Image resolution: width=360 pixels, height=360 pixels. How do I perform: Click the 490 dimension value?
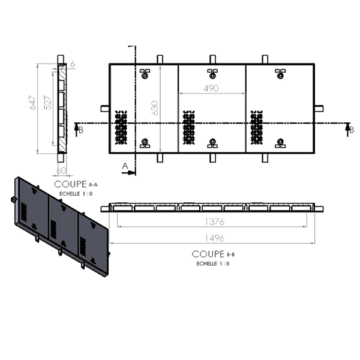211,88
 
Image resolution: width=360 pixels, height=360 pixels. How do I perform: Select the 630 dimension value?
155,107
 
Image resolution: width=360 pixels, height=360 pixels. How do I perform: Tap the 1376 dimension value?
214,222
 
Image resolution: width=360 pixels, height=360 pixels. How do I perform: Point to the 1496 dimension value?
214,238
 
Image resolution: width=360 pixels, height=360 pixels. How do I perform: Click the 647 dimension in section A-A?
33,103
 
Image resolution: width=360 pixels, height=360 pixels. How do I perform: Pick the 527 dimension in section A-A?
47,103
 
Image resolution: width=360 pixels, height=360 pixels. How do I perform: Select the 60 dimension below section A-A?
61,170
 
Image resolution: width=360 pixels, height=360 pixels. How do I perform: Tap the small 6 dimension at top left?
73,64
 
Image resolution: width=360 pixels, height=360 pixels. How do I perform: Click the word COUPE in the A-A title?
70,184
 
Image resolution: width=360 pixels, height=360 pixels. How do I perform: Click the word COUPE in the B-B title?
208,254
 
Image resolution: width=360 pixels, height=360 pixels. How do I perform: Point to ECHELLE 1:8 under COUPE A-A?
76,194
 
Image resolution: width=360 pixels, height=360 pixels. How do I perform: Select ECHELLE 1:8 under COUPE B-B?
213,263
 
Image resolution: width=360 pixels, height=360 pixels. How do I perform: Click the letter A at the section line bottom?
125,166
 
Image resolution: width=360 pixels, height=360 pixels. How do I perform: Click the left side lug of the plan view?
105,109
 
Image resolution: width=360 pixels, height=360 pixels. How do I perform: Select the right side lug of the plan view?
319,109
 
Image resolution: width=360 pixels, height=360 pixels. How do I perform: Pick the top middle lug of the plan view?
213,59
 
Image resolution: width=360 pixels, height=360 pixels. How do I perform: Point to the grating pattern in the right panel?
257,128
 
